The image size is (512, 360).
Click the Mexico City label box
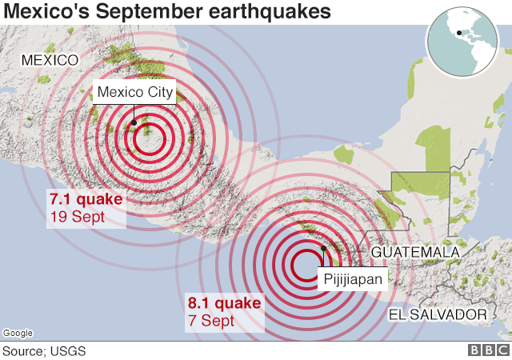click(x=134, y=92)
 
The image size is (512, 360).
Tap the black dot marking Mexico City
click(x=134, y=122)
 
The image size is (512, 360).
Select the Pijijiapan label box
click(x=354, y=278)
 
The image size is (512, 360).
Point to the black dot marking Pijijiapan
click(x=322, y=248)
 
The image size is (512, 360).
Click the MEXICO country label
click(x=50, y=60)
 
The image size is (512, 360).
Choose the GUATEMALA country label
click(x=415, y=252)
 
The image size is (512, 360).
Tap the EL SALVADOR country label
click(x=437, y=314)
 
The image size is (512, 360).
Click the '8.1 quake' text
click(x=224, y=304)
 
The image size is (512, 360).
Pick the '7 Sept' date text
click(x=210, y=321)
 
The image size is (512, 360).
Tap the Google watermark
click(x=18, y=333)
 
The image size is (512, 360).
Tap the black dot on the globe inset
click(x=458, y=33)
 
